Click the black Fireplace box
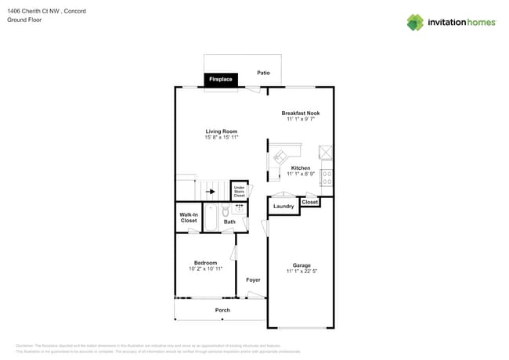[x=221, y=80]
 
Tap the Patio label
[x=263, y=73]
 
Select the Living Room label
[x=222, y=131]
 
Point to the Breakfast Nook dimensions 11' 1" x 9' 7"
[x=301, y=121]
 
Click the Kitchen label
[x=301, y=167]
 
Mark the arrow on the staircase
[x=209, y=190]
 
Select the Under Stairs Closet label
[x=239, y=191]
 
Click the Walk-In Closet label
[x=189, y=217]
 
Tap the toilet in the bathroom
[x=225, y=211]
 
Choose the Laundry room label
[x=283, y=207]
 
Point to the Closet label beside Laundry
[x=310, y=202]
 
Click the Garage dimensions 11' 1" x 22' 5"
[x=301, y=271]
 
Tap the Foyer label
[x=253, y=279]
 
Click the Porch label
[x=222, y=310]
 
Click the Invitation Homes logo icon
[x=415, y=22]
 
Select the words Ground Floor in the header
[x=24, y=20]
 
